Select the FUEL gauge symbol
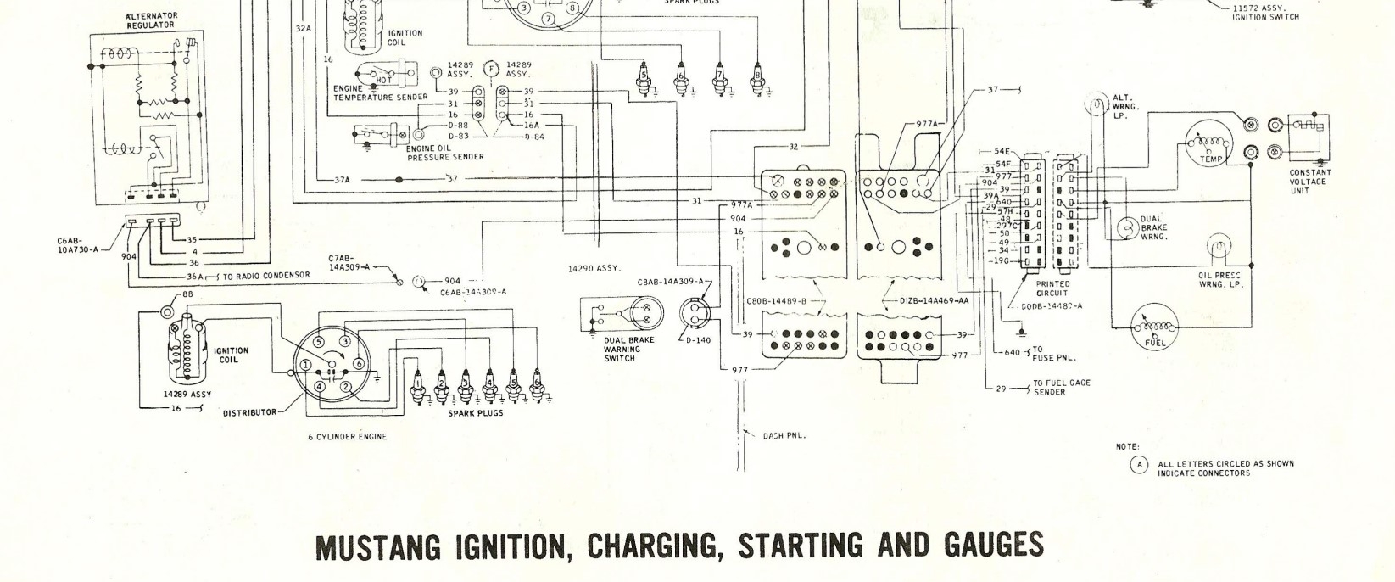click(1154, 329)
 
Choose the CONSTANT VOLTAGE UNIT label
click(1309, 182)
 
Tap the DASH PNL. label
click(784, 436)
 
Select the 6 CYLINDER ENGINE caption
click(347, 437)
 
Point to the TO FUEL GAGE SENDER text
click(1061, 388)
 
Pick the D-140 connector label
click(699, 339)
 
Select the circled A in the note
click(1139, 464)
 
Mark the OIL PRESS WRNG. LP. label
click(1219, 280)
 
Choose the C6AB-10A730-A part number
click(76, 245)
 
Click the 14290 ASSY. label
click(595, 268)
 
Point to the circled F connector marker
click(489, 69)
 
